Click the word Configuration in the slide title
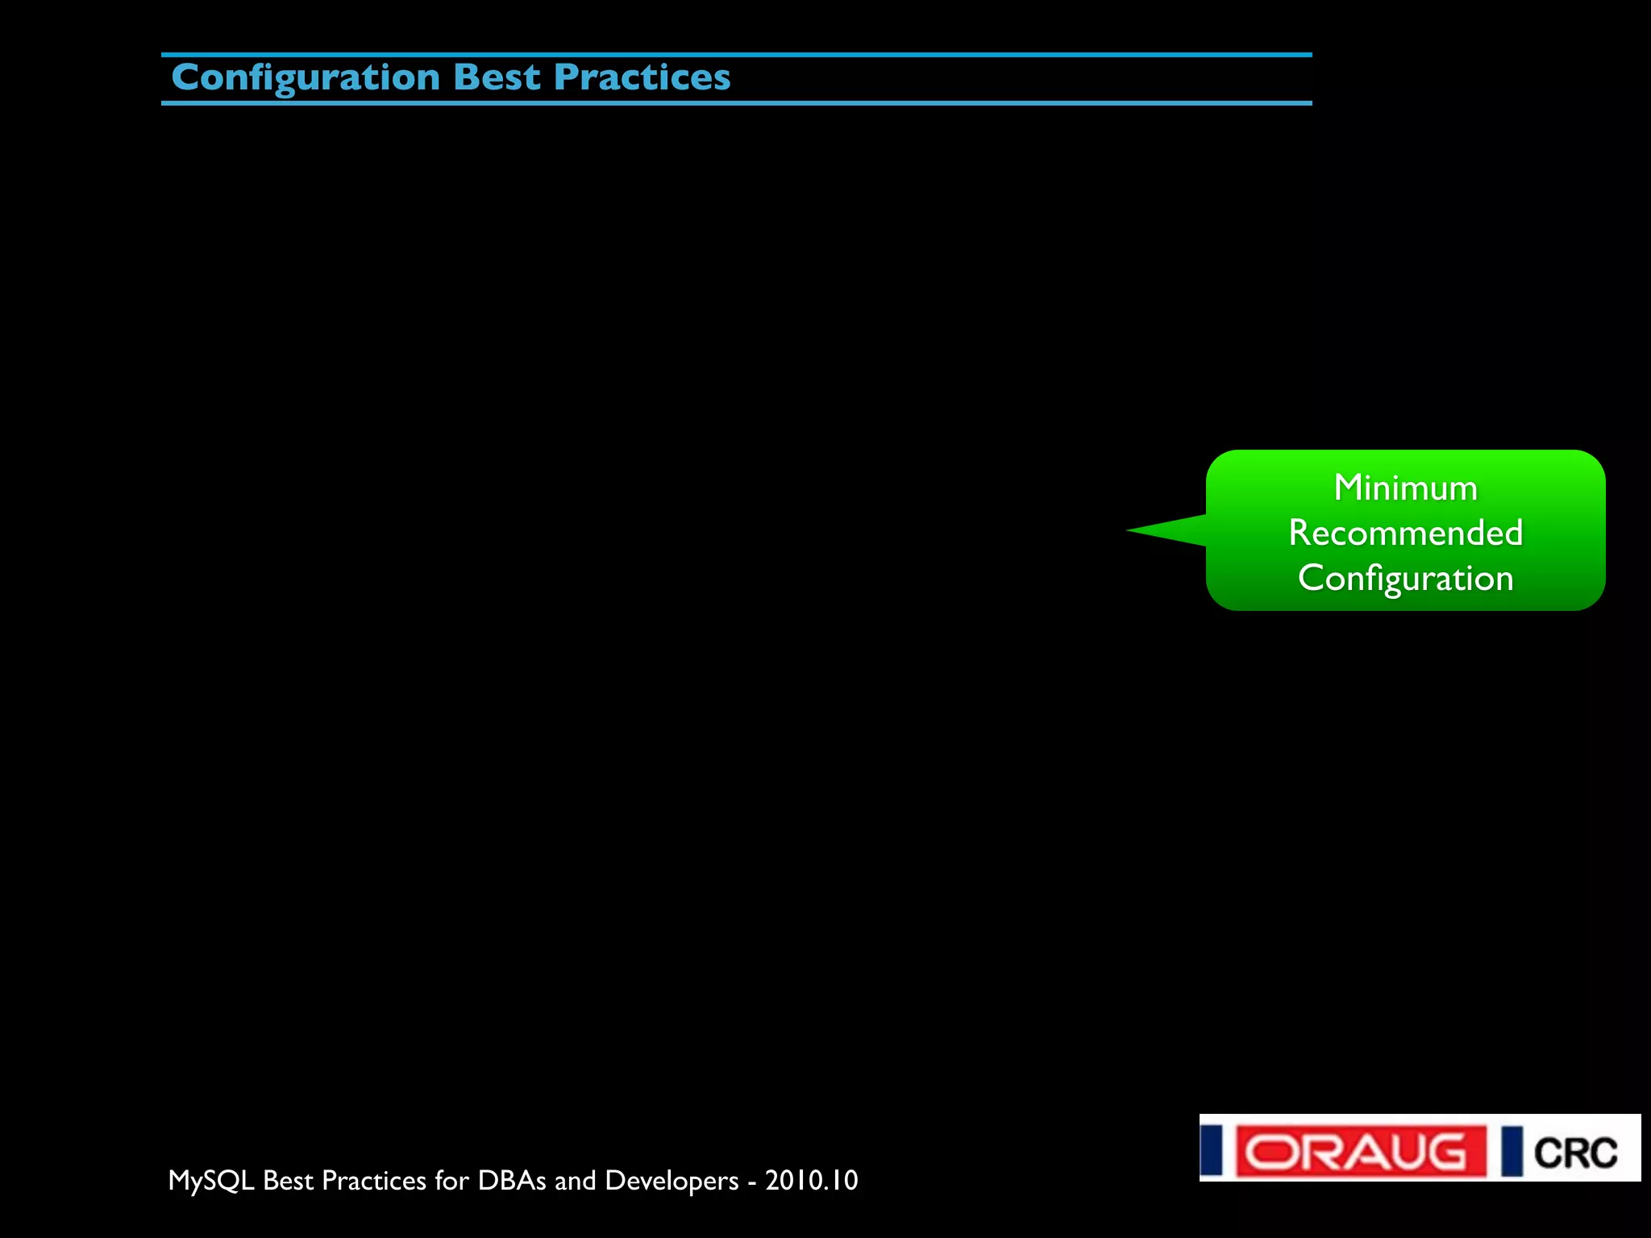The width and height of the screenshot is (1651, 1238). [x=306, y=78]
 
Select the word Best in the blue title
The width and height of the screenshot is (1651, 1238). [x=497, y=77]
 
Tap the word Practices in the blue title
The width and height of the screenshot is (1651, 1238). [x=643, y=77]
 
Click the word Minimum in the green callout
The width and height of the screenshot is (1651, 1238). [x=1405, y=488]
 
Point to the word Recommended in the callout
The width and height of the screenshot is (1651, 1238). [x=1405, y=533]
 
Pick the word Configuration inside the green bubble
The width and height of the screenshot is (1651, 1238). [x=1405, y=578]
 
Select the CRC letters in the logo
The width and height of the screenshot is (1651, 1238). [x=1575, y=1153]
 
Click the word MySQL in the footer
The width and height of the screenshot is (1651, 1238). [x=211, y=1181]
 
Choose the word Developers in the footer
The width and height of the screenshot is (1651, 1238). [x=672, y=1181]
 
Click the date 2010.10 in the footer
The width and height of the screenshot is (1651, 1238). [x=811, y=1180]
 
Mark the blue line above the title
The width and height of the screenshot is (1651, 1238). [x=736, y=55]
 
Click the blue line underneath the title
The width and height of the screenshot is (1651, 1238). [x=736, y=103]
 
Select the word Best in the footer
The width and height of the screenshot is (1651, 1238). [x=288, y=1180]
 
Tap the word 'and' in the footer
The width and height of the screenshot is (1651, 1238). [x=575, y=1180]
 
